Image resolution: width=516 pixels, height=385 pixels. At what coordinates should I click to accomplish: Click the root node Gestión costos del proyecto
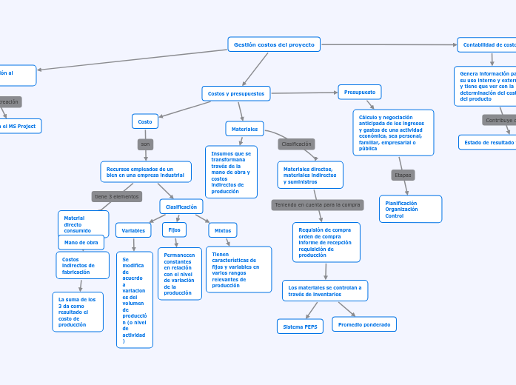(274, 44)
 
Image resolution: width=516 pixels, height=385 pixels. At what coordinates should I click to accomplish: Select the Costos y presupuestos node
(235, 93)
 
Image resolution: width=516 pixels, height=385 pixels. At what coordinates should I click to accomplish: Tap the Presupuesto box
(360, 93)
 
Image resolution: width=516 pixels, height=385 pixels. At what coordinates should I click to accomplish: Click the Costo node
(145, 121)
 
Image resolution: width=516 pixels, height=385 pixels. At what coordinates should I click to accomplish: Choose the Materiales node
(244, 129)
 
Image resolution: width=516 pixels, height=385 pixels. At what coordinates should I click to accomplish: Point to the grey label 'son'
(145, 144)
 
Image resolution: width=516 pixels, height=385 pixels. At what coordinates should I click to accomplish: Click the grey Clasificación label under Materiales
(296, 144)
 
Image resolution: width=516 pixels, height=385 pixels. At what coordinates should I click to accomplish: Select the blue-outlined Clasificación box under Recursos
(181, 207)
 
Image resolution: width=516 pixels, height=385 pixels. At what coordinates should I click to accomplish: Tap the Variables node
(133, 230)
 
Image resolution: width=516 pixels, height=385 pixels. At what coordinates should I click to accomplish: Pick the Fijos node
(174, 230)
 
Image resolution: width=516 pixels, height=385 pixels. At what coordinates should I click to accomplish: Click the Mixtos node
(222, 230)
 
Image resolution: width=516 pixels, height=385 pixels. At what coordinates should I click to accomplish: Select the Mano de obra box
(81, 242)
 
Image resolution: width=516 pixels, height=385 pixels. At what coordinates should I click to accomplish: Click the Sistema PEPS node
(300, 327)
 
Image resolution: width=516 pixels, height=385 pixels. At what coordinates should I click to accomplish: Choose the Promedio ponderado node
(363, 324)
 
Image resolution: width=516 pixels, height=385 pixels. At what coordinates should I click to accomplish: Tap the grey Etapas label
(403, 175)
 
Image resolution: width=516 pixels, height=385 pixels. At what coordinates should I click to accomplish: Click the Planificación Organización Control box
(410, 209)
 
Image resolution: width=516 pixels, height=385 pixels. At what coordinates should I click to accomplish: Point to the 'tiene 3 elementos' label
(116, 196)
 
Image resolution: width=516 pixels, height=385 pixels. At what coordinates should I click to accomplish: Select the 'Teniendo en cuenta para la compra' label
(317, 204)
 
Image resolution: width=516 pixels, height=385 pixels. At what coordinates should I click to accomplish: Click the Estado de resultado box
(489, 142)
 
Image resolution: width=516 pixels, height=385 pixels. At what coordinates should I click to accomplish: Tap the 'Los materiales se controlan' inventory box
(324, 290)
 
